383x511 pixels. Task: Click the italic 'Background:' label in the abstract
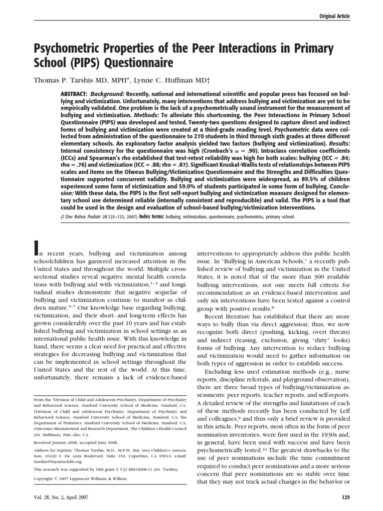(x=108, y=94)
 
